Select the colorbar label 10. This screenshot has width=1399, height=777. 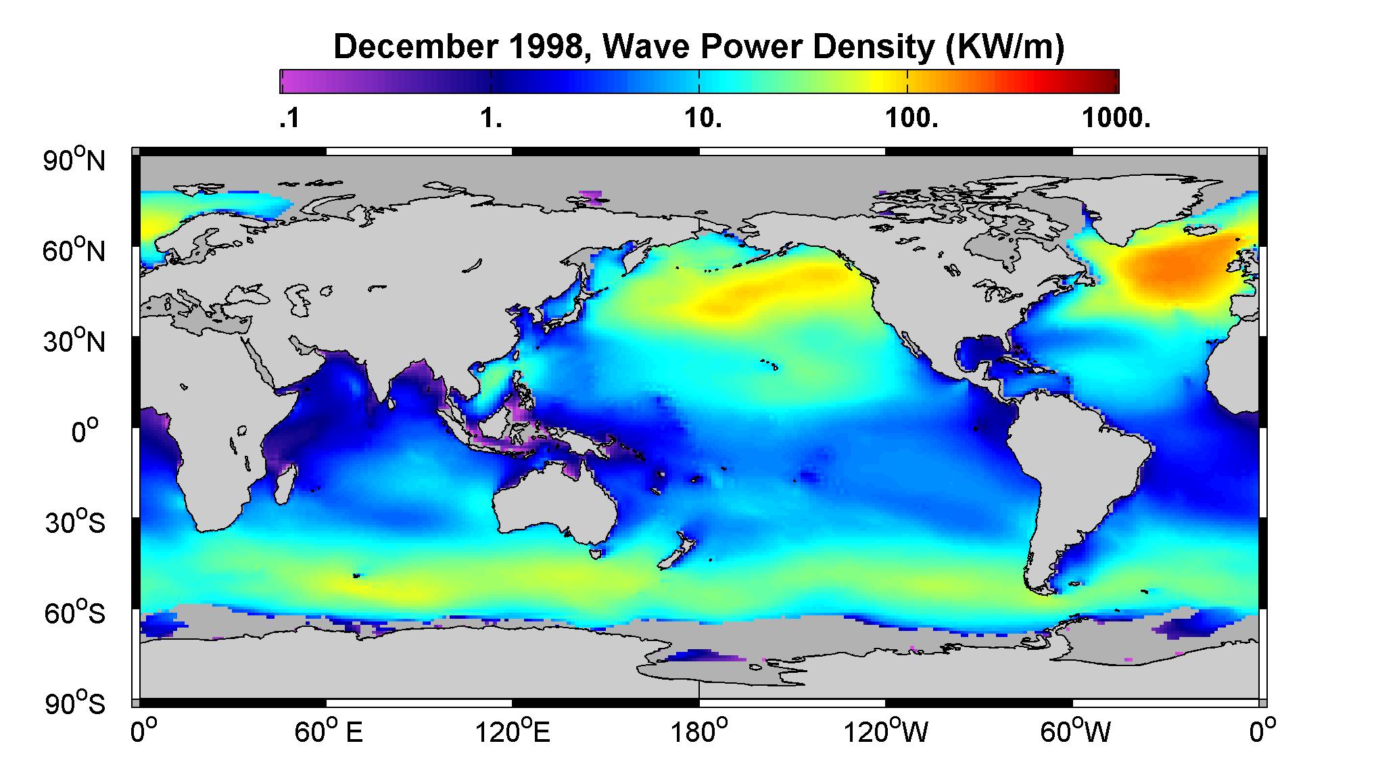tap(703, 119)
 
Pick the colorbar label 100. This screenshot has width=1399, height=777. tap(911, 119)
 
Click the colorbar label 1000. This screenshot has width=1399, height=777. tap(1116, 119)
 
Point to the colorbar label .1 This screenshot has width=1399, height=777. tap(289, 119)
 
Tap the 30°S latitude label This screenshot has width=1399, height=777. tap(75, 522)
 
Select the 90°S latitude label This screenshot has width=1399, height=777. tap(75, 703)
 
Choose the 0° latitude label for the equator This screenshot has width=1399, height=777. tap(85, 431)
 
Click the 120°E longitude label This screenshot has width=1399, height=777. tap(513, 732)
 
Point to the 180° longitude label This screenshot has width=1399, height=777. tap(699, 732)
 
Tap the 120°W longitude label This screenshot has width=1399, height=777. tap(886, 732)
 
